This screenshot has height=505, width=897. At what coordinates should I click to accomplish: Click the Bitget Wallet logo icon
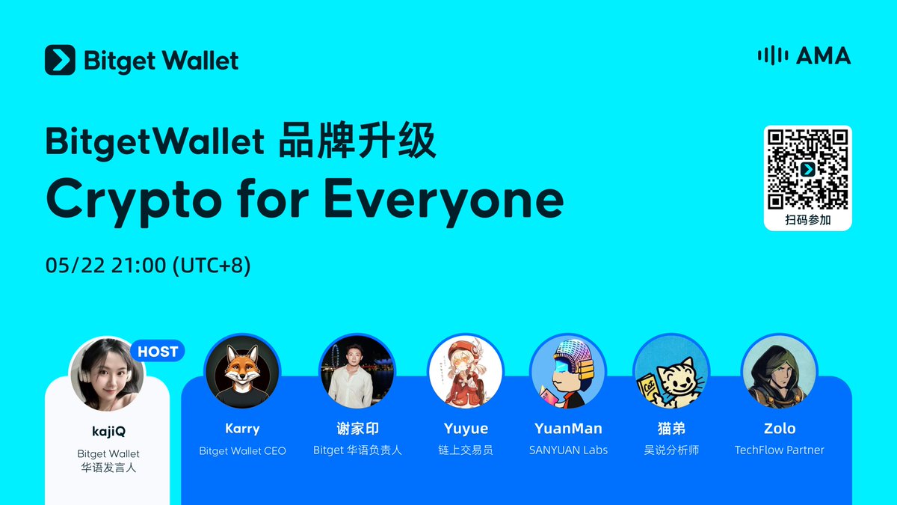pos(60,60)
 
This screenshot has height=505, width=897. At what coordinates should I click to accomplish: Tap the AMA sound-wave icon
pos(772,55)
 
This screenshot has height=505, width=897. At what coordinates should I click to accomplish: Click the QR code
pos(807,169)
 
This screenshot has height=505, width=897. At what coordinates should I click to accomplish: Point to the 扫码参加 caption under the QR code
pos(807,220)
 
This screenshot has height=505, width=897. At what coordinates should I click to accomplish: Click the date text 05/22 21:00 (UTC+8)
pos(148,266)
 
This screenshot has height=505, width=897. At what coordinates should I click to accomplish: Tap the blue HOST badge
pos(158,351)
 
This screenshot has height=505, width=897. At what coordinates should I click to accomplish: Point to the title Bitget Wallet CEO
pos(242,450)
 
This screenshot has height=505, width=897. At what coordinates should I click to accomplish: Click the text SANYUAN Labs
pos(568,450)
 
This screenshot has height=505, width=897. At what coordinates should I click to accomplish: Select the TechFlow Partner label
pos(779,450)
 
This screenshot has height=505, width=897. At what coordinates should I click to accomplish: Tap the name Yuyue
pos(465,429)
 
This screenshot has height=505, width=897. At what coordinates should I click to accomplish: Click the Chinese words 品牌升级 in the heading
pos(357,142)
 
